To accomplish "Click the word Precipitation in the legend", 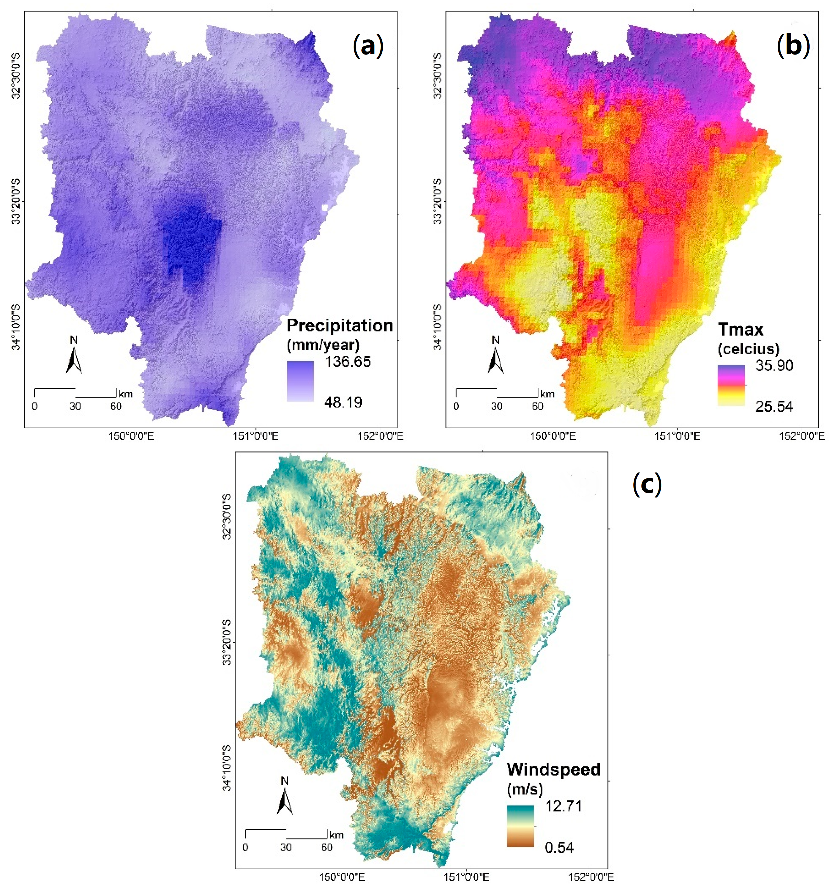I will [x=340, y=325].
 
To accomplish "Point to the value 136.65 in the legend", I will [x=348, y=362].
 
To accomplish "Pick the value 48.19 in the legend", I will [x=343, y=402].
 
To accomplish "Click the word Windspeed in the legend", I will [x=553, y=770].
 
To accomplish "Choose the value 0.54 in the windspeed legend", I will [x=559, y=848].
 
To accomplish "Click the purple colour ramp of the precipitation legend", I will [x=300, y=381].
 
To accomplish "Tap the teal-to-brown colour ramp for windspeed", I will [x=520, y=826].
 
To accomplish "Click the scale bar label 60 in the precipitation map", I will [x=116, y=407].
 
